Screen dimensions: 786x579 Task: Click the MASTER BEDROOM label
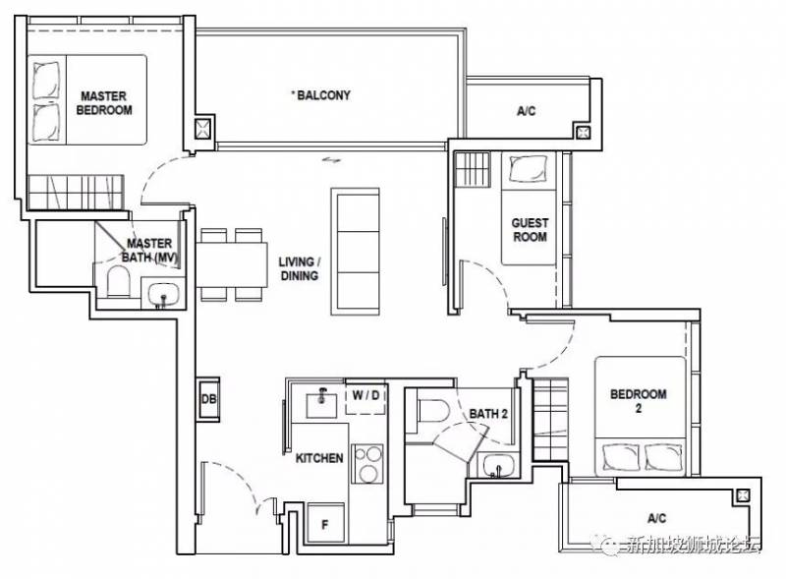pyautogui.click(x=104, y=103)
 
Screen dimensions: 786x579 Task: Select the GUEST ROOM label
pyautogui.click(x=530, y=230)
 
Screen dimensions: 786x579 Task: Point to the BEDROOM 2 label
pyautogui.click(x=638, y=400)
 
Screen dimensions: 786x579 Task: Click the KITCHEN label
pyautogui.click(x=319, y=458)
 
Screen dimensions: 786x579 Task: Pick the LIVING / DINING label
pyautogui.click(x=300, y=268)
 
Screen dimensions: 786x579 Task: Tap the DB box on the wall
pyautogui.click(x=208, y=399)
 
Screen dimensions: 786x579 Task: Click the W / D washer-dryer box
pyautogui.click(x=365, y=400)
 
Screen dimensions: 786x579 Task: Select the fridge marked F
pyautogui.click(x=325, y=524)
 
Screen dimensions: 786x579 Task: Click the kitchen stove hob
pyautogui.click(x=367, y=464)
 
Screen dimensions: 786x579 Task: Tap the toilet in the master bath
pyautogui.click(x=118, y=282)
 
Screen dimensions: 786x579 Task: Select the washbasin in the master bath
pyautogui.click(x=163, y=294)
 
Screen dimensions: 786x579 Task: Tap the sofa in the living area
pyautogui.click(x=355, y=252)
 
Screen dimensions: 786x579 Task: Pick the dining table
pyautogui.click(x=231, y=264)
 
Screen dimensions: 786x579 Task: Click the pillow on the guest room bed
pyautogui.click(x=528, y=168)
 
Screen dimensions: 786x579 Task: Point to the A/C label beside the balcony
pyautogui.click(x=527, y=111)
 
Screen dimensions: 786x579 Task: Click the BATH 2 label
pyautogui.click(x=488, y=414)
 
